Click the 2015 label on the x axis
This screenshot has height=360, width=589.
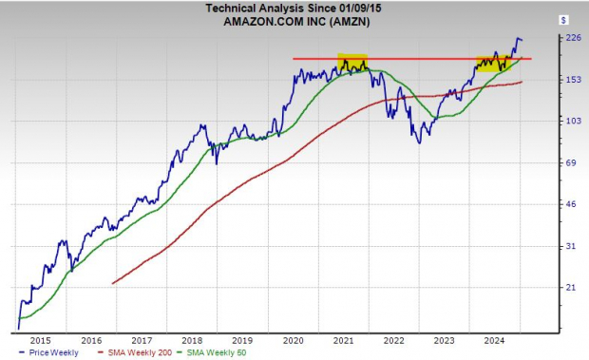(x=40, y=338)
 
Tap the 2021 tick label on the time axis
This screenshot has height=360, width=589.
(x=343, y=338)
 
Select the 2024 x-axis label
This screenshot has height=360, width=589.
(x=494, y=338)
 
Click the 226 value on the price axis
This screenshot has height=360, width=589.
(x=572, y=38)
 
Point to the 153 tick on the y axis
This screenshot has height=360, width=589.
(x=572, y=80)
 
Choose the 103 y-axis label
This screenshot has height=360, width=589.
(x=572, y=122)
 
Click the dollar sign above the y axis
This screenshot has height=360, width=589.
(x=563, y=19)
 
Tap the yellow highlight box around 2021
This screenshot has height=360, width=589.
(x=352, y=64)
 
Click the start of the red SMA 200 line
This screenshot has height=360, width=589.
(x=113, y=283)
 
